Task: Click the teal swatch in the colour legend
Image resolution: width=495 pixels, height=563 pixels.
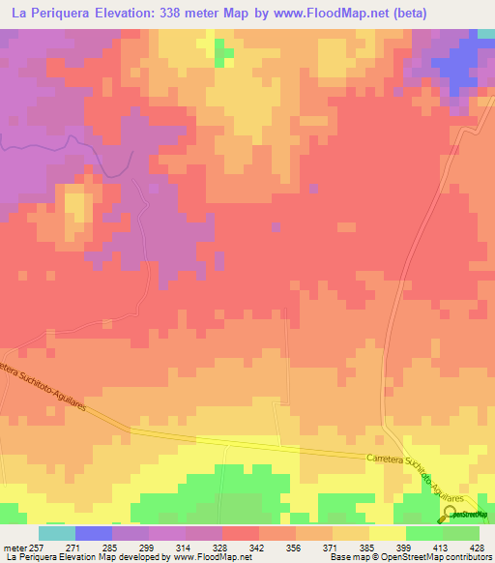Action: pos(56,533)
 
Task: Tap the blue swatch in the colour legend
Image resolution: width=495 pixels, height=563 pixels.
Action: pos(93,533)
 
